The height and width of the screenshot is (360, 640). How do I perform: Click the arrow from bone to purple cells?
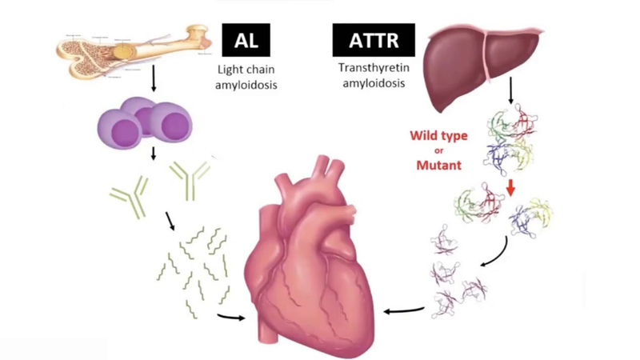pyautogui.click(x=152, y=83)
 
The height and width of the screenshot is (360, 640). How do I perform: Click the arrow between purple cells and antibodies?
pyautogui.click(x=152, y=154)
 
